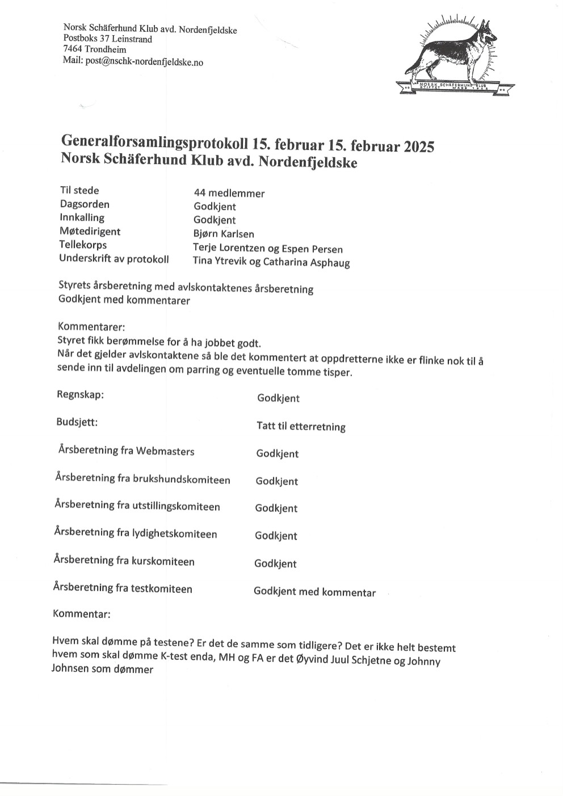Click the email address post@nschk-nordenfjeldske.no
coord(144,62)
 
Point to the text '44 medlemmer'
coord(229,193)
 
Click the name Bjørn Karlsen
coord(224,234)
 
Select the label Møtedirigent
coord(90,231)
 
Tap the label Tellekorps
coord(83,245)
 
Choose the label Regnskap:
coord(80,395)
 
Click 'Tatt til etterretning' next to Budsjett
coord(301,426)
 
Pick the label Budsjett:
coord(77,422)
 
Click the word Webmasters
coord(165,452)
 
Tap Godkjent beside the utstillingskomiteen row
coord(276,508)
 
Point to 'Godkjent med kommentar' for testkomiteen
coord(314,592)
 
